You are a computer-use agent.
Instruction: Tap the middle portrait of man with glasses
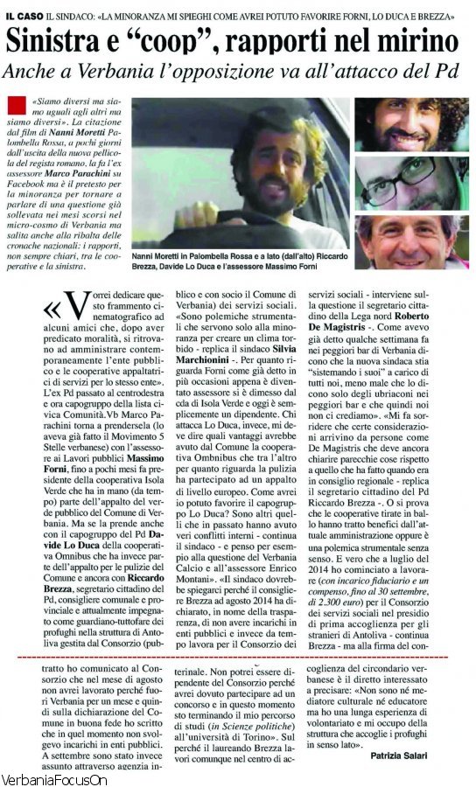411,184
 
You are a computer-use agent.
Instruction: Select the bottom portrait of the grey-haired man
411,240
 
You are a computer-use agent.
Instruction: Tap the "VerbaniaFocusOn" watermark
53,779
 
